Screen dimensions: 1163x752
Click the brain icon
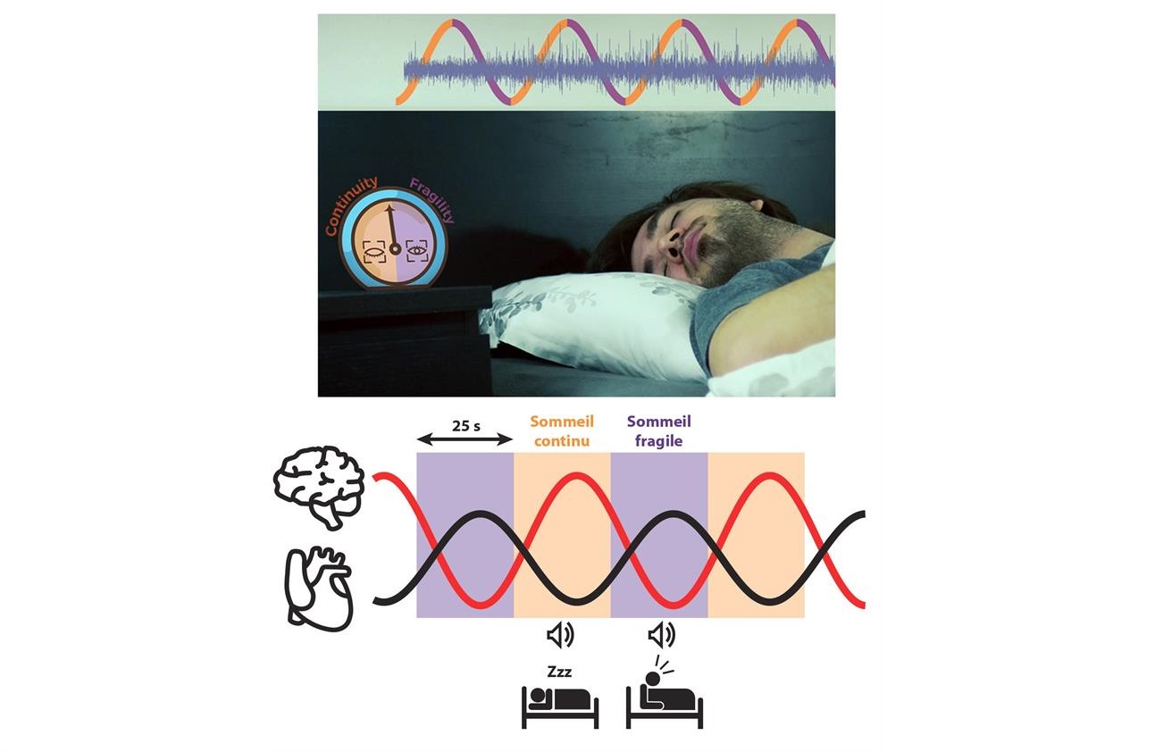point(318,487)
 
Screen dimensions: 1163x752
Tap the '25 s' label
point(465,426)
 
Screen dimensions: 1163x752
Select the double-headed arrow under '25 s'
point(464,440)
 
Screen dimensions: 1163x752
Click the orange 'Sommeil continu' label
point(562,431)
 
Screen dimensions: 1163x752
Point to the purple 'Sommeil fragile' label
point(659,431)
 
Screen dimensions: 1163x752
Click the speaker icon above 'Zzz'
point(560,635)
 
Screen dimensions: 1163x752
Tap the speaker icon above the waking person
point(662,635)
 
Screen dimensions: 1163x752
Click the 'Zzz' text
point(560,672)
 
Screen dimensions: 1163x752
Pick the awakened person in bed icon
point(665,692)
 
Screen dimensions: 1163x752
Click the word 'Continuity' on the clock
point(351,205)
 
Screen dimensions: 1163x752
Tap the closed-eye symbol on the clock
point(373,253)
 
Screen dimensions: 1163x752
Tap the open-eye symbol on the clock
point(416,251)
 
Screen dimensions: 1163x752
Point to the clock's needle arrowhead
point(389,209)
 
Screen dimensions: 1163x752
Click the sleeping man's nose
point(673,243)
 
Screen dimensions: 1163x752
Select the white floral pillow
point(592,324)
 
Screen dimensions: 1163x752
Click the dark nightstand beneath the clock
point(405,340)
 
